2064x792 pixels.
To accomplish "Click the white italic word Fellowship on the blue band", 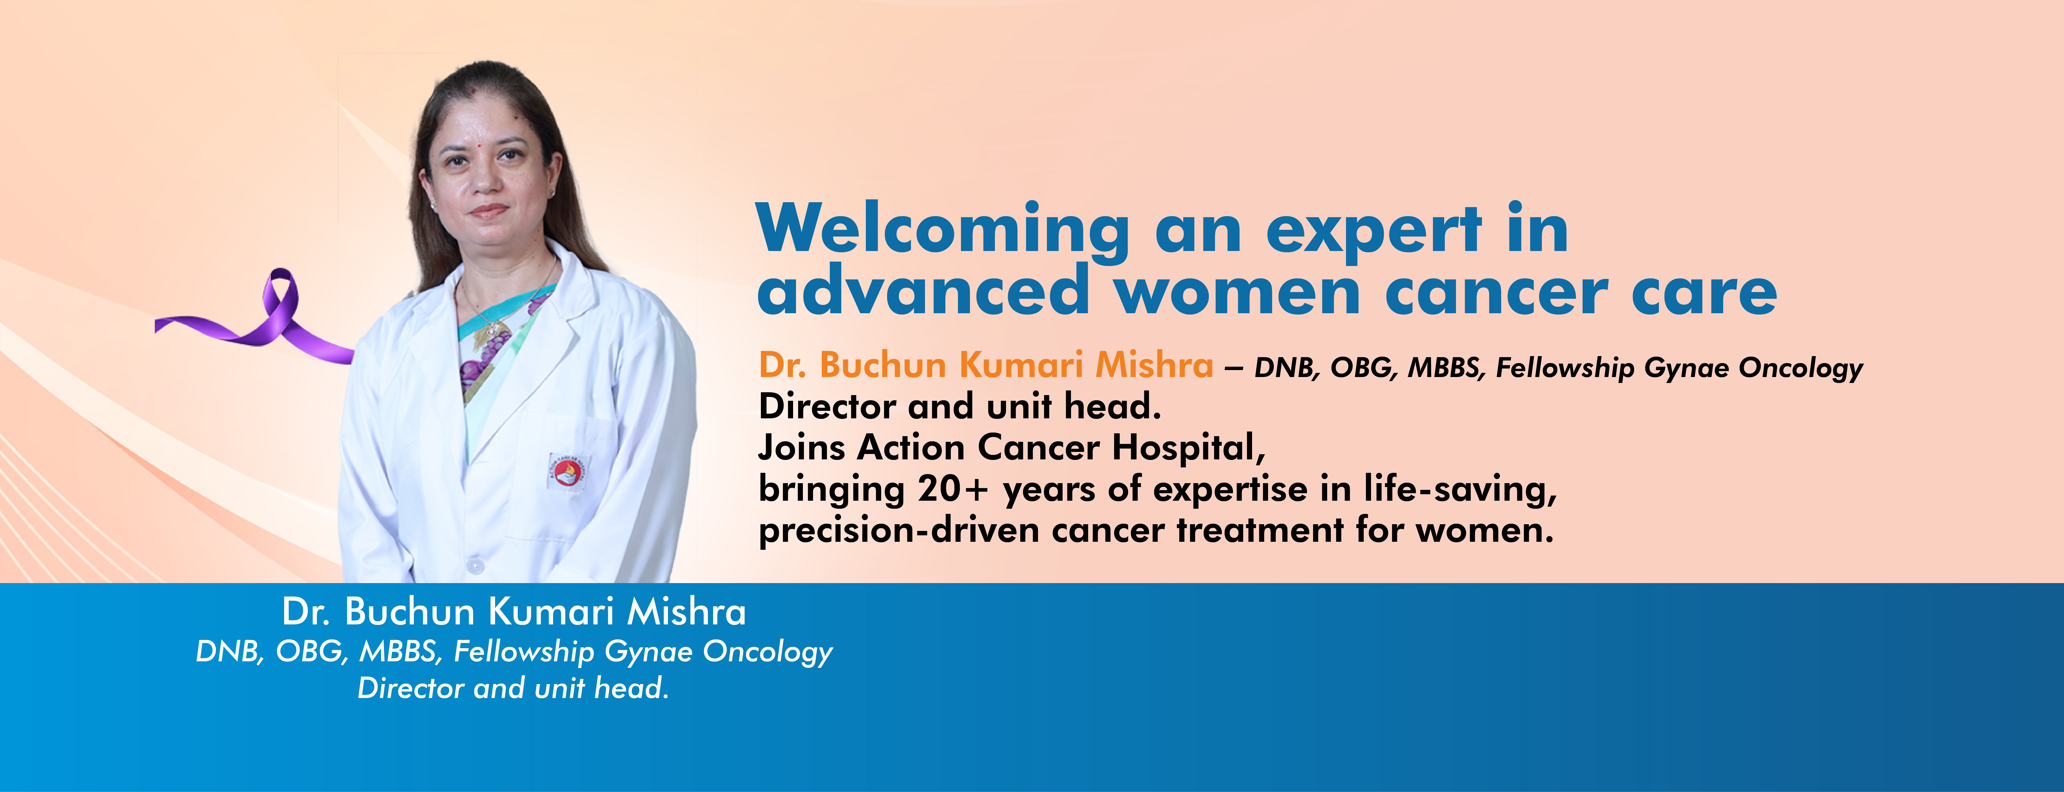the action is (524, 652).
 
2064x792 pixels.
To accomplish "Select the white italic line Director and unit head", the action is (513, 688).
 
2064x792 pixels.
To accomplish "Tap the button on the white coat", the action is (476, 566).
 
